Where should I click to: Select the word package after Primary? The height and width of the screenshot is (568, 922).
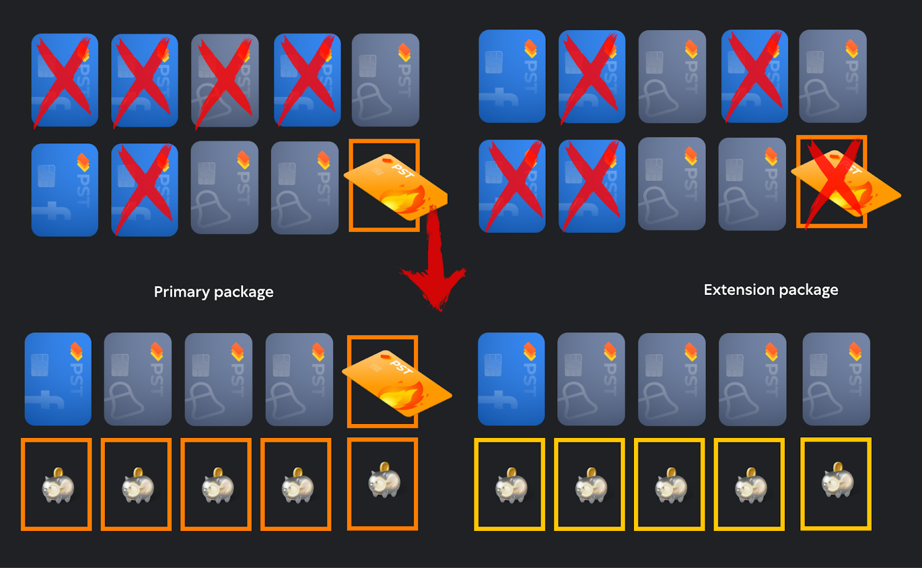tap(244, 292)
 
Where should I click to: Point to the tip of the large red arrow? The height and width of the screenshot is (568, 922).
tap(438, 308)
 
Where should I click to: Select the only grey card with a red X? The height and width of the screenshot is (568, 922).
tap(225, 81)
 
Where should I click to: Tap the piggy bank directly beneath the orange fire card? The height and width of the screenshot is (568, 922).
tap(384, 480)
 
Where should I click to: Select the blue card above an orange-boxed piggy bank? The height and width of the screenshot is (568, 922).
tap(58, 379)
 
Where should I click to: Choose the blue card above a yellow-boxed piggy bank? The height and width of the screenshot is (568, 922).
tap(511, 379)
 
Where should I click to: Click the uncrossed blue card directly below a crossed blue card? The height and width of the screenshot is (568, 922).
tap(65, 190)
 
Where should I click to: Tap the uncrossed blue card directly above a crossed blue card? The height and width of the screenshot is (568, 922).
tap(512, 77)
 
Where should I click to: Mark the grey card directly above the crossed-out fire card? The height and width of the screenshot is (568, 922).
tap(833, 77)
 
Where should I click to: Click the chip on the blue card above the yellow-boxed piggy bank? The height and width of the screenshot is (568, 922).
tap(493, 364)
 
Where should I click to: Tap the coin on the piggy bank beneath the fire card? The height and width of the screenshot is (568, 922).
tap(384, 466)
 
